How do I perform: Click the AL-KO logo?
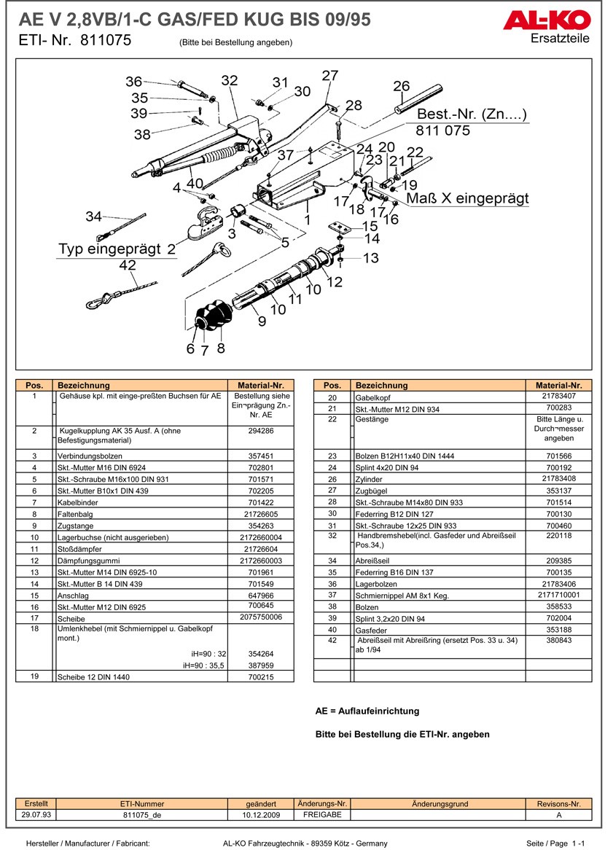pyautogui.click(x=546, y=20)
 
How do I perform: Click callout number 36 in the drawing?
pyautogui.click(x=133, y=82)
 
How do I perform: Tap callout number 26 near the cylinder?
pyautogui.click(x=402, y=86)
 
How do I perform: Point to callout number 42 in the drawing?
pyautogui.click(x=128, y=266)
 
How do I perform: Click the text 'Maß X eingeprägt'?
pyautogui.click(x=467, y=198)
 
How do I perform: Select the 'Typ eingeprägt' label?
pyautogui.click(x=110, y=249)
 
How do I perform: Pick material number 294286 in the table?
pyautogui.click(x=260, y=431)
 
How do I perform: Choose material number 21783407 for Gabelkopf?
pyautogui.click(x=558, y=396)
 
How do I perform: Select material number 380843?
pyautogui.click(x=558, y=640)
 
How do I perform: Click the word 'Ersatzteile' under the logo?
pyautogui.click(x=560, y=38)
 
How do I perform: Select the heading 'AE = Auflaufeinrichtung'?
pyautogui.click(x=367, y=711)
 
